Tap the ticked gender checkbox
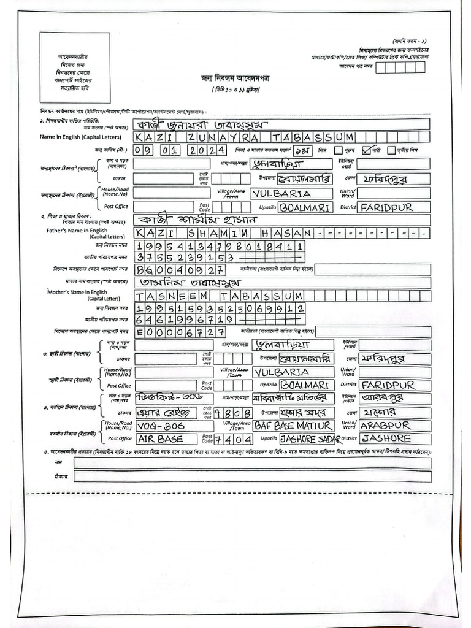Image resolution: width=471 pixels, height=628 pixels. [x=367, y=150]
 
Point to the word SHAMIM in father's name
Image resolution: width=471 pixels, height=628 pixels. [x=213, y=234]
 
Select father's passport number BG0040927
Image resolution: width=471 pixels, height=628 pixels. [x=182, y=269]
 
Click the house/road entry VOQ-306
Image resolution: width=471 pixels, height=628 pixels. [x=158, y=425]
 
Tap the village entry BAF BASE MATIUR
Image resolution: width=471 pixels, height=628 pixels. [x=293, y=425]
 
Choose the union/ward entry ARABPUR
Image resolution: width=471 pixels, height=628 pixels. [x=385, y=425]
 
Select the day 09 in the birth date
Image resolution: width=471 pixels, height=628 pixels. [x=143, y=150]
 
